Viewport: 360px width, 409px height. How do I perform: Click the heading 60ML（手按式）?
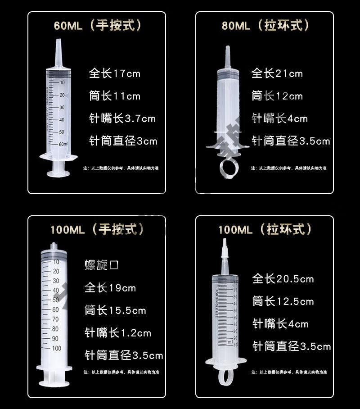click(x=97, y=25)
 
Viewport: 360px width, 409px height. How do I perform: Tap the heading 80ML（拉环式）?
click(x=265, y=25)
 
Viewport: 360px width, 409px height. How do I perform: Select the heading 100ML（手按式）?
click(x=97, y=229)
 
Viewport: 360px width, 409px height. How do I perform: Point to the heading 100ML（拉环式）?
click(x=265, y=229)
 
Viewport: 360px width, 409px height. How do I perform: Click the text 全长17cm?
click(x=115, y=73)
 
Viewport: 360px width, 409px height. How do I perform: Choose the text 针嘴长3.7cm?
click(x=122, y=119)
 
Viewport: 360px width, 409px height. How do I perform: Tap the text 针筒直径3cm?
click(x=123, y=141)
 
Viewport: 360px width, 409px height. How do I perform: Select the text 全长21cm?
click(x=277, y=73)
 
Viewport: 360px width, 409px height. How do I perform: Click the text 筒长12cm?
click(x=277, y=96)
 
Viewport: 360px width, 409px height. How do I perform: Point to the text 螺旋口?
click(x=102, y=265)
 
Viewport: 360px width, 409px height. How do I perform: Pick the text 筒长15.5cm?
click(x=115, y=310)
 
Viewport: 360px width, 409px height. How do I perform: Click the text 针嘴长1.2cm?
click(x=118, y=333)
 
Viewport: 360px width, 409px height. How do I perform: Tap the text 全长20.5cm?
click(x=283, y=279)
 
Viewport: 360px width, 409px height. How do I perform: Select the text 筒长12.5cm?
click(x=283, y=301)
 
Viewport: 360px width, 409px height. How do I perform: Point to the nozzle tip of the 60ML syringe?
click(x=58, y=43)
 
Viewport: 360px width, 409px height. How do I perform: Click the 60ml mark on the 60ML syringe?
click(x=63, y=144)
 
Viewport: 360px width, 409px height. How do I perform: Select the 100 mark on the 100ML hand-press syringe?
click(x=56, y=348)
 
